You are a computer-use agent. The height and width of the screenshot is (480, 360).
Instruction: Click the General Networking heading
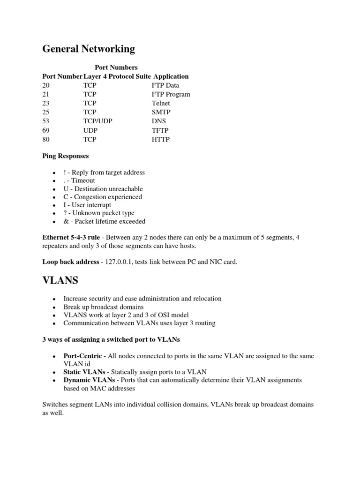[x=89, y=49]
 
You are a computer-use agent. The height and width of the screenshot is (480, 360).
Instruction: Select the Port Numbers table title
[x=116, y=67]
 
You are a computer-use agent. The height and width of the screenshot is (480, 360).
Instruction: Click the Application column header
[x=171, y=76]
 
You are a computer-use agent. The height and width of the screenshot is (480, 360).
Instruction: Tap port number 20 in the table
[x=45, y=85]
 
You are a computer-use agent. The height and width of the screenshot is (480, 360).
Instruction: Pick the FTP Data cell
[x=165, y=85]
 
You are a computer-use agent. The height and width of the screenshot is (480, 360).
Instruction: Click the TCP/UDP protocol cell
[x=98, y=121]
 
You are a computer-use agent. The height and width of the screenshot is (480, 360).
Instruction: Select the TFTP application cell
[x=160, y=130]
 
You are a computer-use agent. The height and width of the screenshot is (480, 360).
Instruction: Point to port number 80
[x=45, y=139]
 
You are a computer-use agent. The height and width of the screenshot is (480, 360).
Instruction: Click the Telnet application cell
[x=161, y=103]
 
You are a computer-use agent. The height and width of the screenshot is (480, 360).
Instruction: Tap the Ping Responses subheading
[x=66, y=156]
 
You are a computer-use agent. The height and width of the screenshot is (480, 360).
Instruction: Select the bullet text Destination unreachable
[x=109, y=188]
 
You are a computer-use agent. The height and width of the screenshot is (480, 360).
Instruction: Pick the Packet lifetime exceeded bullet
[x=110, y=221]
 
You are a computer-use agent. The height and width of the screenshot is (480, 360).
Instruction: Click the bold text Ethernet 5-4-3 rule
[x=71, y=238]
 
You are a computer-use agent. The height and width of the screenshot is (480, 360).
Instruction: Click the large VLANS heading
[x=60, y=281]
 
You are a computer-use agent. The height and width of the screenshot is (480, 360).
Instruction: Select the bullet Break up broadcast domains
[x=103, y=307]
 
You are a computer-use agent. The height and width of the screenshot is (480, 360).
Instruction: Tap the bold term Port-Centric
[x=82, y=356]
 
